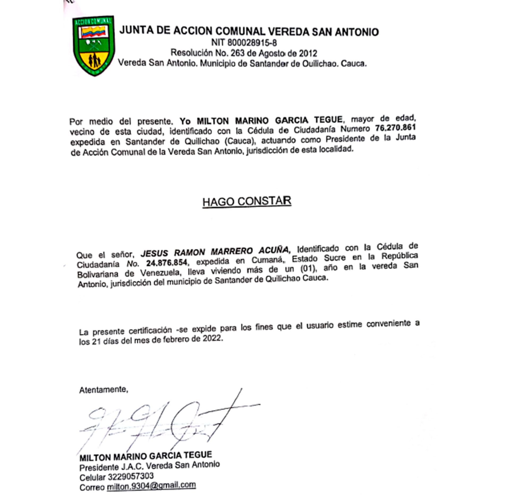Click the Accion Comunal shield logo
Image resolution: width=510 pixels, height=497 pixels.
[94, 45]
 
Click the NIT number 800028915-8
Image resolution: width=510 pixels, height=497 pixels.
[244, 42]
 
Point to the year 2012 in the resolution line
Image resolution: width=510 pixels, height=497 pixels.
[308, 53]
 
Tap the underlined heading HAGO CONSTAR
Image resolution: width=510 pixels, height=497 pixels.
[247, 201]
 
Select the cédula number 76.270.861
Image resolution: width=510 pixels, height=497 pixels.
[395, 128]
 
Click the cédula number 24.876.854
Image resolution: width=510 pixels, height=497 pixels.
[167, 263]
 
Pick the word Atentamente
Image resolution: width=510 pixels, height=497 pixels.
[104, 390]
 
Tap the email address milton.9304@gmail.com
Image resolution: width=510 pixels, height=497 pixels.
[151, 485]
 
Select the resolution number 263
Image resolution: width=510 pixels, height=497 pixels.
[236, 53]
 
